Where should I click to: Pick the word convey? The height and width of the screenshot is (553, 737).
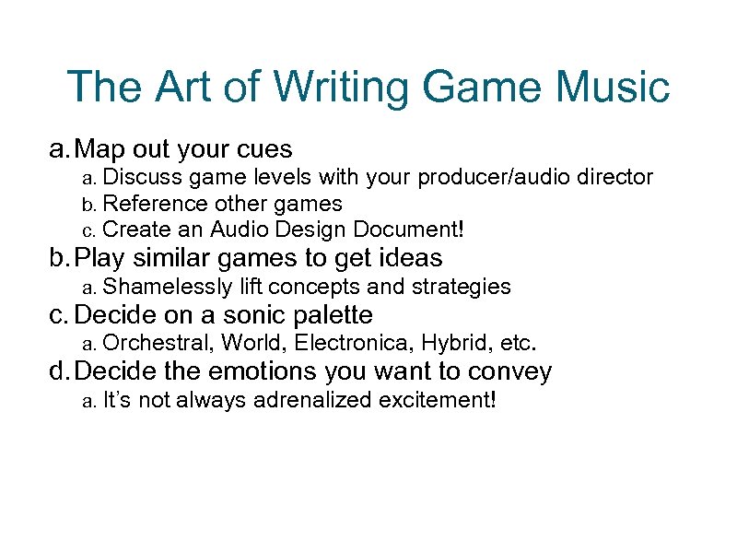[511, 372]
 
